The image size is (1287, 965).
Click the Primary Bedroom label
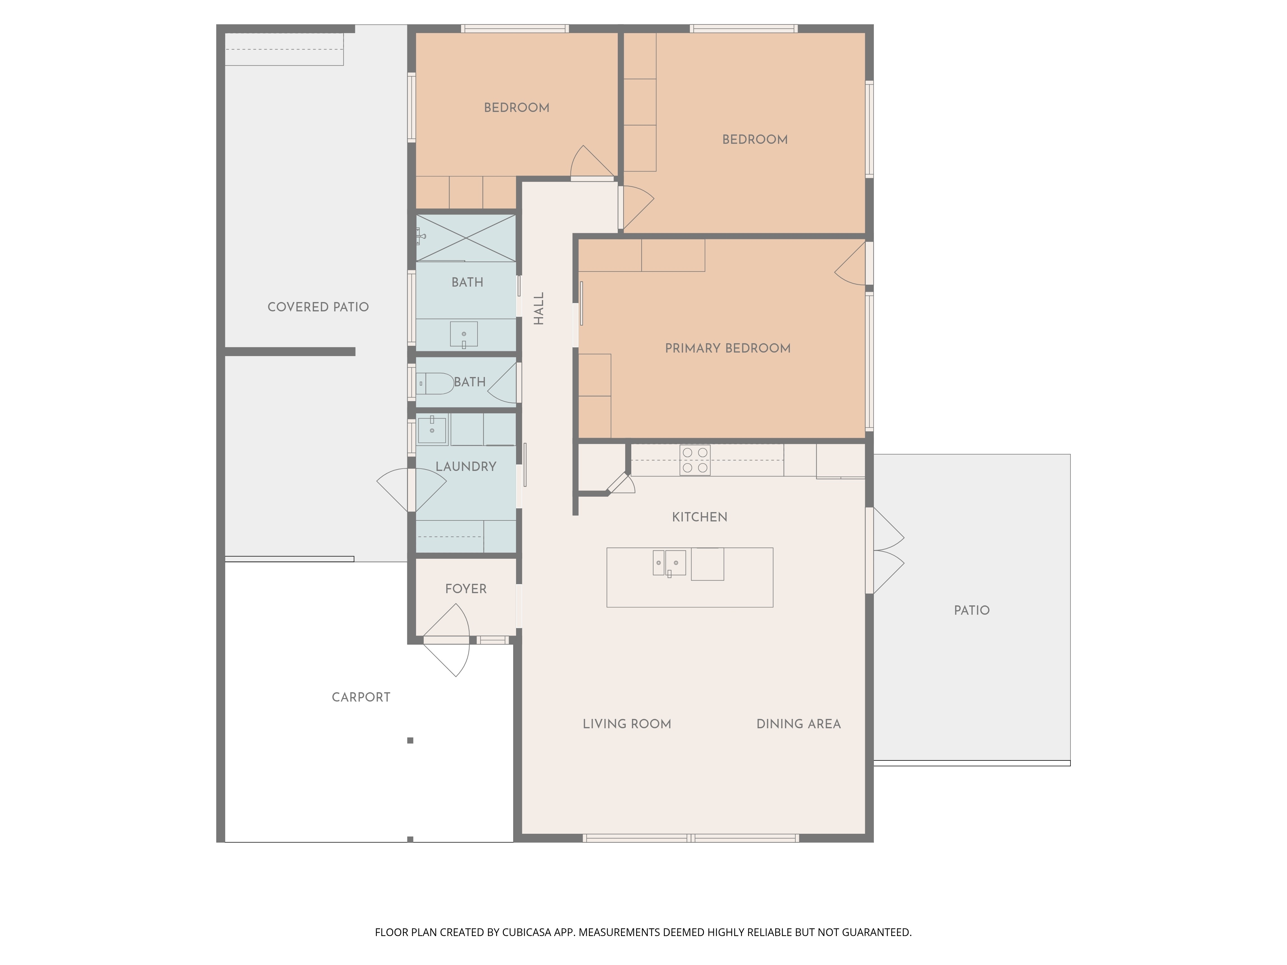tap(728, 348)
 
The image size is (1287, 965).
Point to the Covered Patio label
tap(318, 307)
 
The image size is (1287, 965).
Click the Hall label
tap(539, 308)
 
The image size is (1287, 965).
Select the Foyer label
tap(466, 589)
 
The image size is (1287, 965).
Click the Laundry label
tap(466, 466)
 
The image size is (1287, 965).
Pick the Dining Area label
tap(798, 724)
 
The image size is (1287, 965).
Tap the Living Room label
tap(627, 724)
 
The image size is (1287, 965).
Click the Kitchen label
tap(699, 517)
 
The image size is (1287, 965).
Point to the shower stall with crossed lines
tap(466, 238)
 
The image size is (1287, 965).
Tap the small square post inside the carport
tap(410, 740)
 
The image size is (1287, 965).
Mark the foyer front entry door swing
tap(446, 640)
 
